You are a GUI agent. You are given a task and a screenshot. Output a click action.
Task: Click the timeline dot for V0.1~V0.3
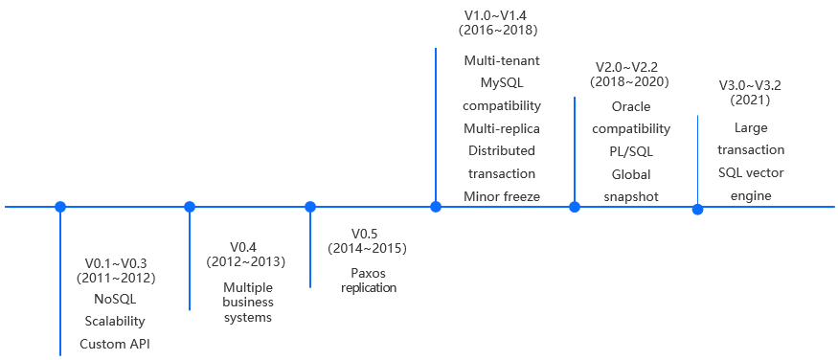[x=60, y=206]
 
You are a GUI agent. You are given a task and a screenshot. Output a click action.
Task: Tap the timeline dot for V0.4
[x=190, y=206]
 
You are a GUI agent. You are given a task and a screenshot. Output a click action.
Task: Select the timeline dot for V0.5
[x=310, y=206]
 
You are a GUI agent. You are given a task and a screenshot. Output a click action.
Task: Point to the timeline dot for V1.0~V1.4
[x=436, y=206]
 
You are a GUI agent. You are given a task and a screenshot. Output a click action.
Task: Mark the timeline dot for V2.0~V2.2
[x=575, y=206]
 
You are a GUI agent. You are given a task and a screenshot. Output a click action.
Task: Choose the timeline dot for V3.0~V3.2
[x=697, y=209]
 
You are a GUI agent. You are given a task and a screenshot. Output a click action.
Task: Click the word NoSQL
[x=115, y=300]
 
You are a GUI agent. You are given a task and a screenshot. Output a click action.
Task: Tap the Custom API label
[x=115, y=344]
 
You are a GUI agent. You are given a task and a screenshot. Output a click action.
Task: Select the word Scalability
[x=115, y=322]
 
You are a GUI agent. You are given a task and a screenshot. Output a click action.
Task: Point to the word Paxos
[x=368, y=272]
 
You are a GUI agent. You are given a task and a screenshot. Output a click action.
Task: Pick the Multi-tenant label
[x=502, y=60]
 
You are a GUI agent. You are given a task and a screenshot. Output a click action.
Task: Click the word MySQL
[x=502, y=83]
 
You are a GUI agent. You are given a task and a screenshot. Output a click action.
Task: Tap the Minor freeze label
[x=502, y=196]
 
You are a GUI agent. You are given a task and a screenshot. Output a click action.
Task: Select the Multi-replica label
[x=502, y=128]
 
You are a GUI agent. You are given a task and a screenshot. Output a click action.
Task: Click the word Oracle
[x=631, y=106]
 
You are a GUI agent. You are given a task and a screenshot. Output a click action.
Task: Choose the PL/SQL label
[x=631, y=151]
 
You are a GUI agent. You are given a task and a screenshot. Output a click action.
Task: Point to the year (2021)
[x=750, y=99]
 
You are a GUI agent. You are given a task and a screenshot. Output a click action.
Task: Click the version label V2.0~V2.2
[x=631, y=67]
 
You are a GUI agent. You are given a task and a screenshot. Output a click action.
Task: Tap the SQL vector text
[x=751, y=172]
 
